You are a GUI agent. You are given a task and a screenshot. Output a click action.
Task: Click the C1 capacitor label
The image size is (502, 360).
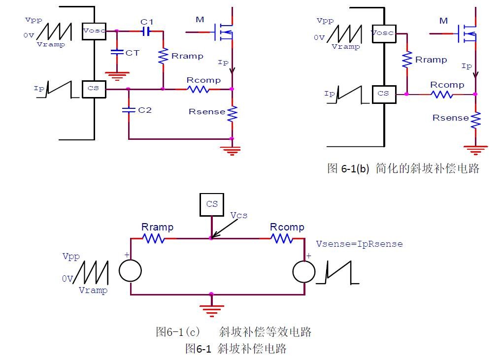[147, 22]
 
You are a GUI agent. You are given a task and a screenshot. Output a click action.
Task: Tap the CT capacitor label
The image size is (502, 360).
[132, 53]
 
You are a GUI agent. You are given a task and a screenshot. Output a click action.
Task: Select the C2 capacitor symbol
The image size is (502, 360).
[128, 110]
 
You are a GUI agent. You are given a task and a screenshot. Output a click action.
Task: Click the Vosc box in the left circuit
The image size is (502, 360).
[94, 32]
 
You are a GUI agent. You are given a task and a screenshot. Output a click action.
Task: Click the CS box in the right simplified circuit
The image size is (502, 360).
[384, 93]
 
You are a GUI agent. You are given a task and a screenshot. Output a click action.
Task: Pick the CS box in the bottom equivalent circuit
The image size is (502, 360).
[212, 204]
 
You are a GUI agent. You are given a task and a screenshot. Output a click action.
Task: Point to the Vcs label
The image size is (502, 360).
[239, 215]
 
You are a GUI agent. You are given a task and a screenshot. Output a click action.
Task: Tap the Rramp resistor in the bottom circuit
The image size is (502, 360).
[153, 238]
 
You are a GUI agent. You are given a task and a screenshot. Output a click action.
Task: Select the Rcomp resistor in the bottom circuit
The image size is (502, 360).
[282, 238]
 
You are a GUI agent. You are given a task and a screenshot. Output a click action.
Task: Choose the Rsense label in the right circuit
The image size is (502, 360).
[451, 118]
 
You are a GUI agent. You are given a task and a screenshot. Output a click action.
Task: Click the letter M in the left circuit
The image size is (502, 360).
[200, 19]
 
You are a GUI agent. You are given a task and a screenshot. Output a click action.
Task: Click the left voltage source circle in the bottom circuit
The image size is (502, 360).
[131, 271]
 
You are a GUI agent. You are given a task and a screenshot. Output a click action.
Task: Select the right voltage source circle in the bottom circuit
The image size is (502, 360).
[303, 271]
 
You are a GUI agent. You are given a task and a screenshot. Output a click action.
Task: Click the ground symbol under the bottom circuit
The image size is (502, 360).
[211, 310]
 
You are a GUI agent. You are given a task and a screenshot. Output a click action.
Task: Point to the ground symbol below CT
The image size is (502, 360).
[117, 75]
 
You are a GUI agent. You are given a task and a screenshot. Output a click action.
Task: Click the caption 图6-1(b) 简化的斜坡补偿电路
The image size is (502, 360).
[403, 168]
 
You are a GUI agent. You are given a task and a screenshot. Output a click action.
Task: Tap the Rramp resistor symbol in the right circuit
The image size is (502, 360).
[407, 60]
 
